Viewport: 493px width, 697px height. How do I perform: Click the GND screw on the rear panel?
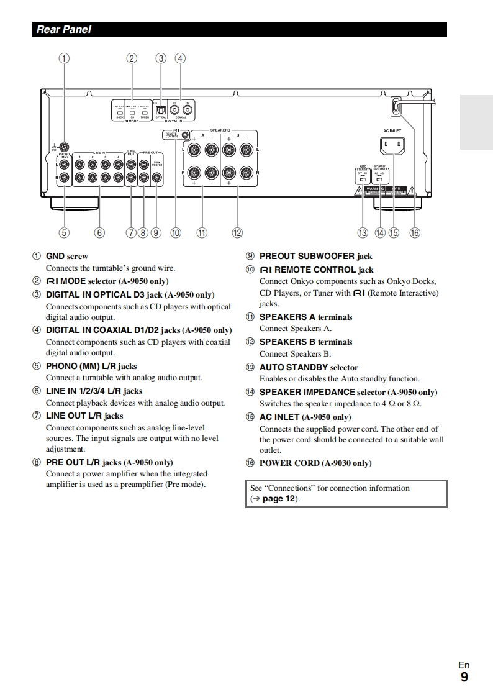pos(65,147)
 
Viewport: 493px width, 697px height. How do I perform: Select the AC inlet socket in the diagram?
pos(392,146)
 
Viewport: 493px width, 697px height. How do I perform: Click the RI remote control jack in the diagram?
pos(185,134)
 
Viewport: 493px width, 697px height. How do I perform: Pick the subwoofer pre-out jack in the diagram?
pos(156,178)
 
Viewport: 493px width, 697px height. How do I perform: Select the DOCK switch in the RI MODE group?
pos(120,112)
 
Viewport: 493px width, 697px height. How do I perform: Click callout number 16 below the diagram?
pos(414,233)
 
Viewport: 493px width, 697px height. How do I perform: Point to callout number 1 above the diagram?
pos(65,58)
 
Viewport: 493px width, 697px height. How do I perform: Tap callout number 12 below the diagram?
pos(237,233)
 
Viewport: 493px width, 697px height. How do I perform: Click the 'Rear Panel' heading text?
pos(64,29)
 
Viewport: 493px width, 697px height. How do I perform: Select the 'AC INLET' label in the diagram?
pos(392,130)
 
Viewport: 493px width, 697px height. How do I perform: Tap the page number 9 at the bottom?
pos(464,678)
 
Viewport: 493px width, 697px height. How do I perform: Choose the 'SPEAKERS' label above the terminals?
pos(220,130)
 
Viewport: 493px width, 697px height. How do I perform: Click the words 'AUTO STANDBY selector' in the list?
pos(309,367)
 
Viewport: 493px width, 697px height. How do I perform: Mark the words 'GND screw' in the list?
pos(67,256)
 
